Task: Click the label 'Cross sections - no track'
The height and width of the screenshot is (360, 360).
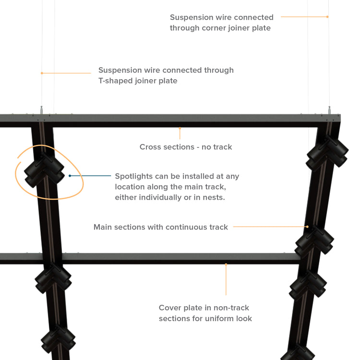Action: [x=186, y=147]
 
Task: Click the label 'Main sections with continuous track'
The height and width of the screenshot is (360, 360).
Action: [x=161, y=227]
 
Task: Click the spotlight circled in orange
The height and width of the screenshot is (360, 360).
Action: [x=44, y=169]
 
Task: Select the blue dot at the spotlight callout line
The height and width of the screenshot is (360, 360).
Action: [x=70, y=176]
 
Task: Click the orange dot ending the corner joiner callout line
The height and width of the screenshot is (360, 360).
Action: [x=327, y=17]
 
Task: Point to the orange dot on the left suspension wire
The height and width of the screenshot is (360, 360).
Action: [x=42, y=73]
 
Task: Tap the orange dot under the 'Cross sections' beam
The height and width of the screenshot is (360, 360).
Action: [x=180, y=128]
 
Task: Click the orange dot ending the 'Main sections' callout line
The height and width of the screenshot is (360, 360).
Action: [x=307, y=227]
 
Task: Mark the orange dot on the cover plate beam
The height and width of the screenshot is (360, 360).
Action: [x=226, y=264]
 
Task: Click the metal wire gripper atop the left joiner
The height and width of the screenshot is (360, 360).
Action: [x=42, y=110]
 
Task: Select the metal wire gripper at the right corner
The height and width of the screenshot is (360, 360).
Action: [x=329, y=110]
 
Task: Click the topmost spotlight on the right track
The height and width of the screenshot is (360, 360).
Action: [x=327, y=153]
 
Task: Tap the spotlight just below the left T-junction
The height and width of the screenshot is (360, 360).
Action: [x=53, y=278]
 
